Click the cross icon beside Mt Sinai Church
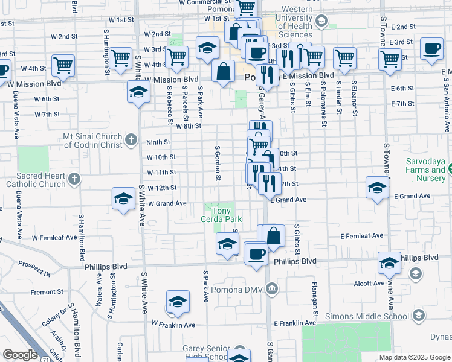131,141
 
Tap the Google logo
20,355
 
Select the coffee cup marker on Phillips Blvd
257,253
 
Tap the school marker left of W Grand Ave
123,199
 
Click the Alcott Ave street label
370,282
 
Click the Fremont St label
43,292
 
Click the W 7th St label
46,114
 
